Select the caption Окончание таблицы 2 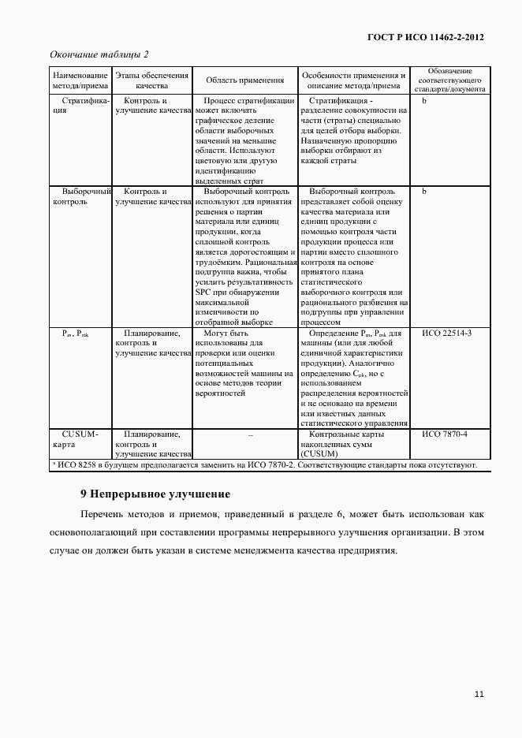(x=99, y=54)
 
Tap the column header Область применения (x=244, y=80)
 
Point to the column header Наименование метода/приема (x=80, y=80)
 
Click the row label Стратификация (x=80, y=106)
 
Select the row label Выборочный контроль (x=80, y=196)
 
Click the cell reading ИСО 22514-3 (x=446, y=334)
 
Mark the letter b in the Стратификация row (x=424, y=102)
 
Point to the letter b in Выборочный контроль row (x=424, y=192)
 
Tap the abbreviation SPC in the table (x=203, y=293)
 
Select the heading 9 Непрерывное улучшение (x=155, y=495)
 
